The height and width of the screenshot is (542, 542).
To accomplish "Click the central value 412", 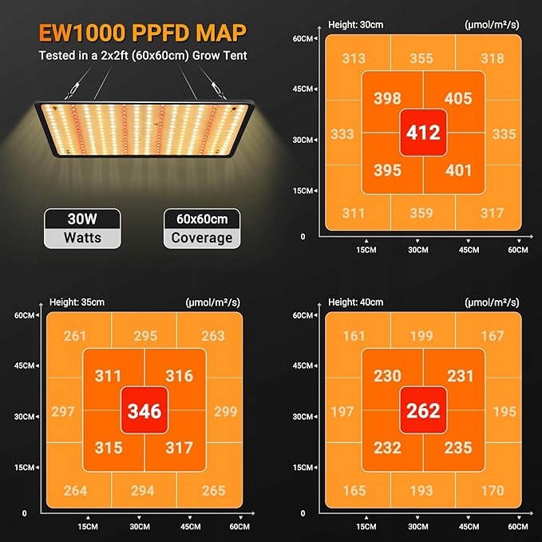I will pos(423,132).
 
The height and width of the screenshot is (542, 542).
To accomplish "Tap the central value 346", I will pos(144,412).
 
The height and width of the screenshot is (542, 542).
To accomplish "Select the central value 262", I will pos(423,410).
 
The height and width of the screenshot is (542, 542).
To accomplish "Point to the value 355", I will pos(421,58).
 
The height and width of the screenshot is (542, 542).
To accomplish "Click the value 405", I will pos(458,99).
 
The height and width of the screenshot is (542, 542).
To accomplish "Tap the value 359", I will pos(421,213).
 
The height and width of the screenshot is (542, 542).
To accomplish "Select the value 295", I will pos(145,337).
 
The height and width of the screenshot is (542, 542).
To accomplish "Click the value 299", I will pos(226,412).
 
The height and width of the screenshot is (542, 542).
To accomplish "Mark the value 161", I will pos(354,336).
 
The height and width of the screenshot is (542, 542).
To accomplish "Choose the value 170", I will pos(492,490).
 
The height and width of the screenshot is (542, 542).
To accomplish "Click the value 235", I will pos(458,448).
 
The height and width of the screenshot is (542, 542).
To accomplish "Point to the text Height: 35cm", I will pos(77,303).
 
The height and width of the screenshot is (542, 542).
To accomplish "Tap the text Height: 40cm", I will pos(356,303).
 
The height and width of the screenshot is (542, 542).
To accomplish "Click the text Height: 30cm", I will pos(356,24).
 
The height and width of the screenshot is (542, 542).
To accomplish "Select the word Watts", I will pos(83,238).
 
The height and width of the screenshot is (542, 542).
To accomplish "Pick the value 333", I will pos(342,134).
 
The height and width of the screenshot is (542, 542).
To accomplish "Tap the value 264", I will pos(75,490).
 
